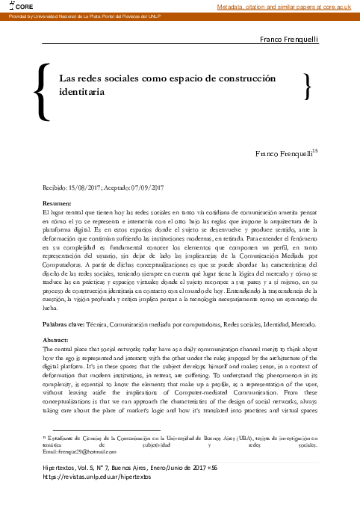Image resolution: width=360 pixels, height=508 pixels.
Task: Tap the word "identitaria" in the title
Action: [82, 91]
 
